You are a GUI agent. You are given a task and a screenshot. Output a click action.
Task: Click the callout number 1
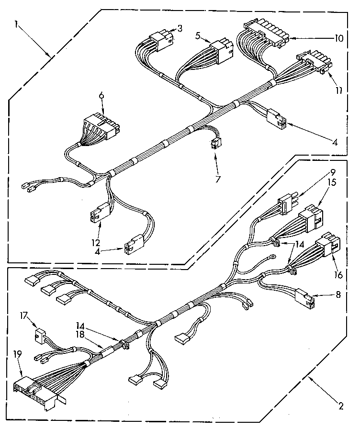click(x=17, y=24)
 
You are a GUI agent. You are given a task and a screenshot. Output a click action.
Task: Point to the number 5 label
click(x=198, y=34)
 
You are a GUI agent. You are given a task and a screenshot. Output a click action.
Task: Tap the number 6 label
click(x=101, y=96)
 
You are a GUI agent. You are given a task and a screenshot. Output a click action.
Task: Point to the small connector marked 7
click(x=216, y=143)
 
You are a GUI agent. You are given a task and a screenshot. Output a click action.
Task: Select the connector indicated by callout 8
click(x=304, y=297)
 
